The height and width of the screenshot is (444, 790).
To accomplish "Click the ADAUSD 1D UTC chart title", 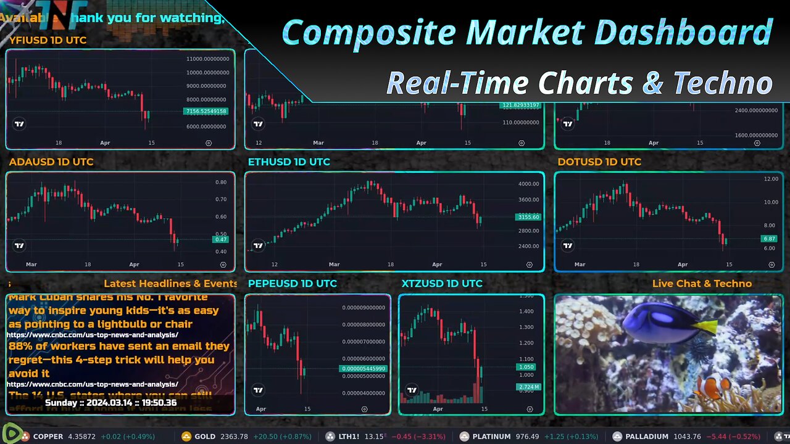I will (51, 162).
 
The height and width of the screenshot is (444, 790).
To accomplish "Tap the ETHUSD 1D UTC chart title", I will (289, 162).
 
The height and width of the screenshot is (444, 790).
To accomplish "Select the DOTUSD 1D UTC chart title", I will (599, 162).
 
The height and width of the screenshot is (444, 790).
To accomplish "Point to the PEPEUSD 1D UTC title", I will (293, 284).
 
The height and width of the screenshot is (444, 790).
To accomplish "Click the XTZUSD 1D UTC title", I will (442, 284).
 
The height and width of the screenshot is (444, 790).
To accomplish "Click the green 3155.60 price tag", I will (528, 217).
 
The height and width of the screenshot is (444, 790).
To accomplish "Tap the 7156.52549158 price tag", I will (206, 112).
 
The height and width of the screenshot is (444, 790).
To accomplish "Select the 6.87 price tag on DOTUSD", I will (769, 239).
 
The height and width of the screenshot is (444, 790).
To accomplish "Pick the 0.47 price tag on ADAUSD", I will (220, 239).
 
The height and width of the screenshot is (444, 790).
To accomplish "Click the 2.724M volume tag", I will (528, 387).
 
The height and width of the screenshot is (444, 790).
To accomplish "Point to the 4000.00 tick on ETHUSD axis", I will (529, 184).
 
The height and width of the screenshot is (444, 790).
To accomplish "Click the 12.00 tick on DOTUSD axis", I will (771, 179).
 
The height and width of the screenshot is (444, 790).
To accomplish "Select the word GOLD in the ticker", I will (205, 437).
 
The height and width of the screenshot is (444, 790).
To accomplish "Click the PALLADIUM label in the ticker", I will (647, 437).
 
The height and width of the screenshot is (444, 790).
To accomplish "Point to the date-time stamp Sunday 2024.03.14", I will (111, 403).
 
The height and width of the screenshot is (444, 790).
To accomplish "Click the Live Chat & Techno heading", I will (702, 284).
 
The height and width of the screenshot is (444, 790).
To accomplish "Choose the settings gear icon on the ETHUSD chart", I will (530, 265).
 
